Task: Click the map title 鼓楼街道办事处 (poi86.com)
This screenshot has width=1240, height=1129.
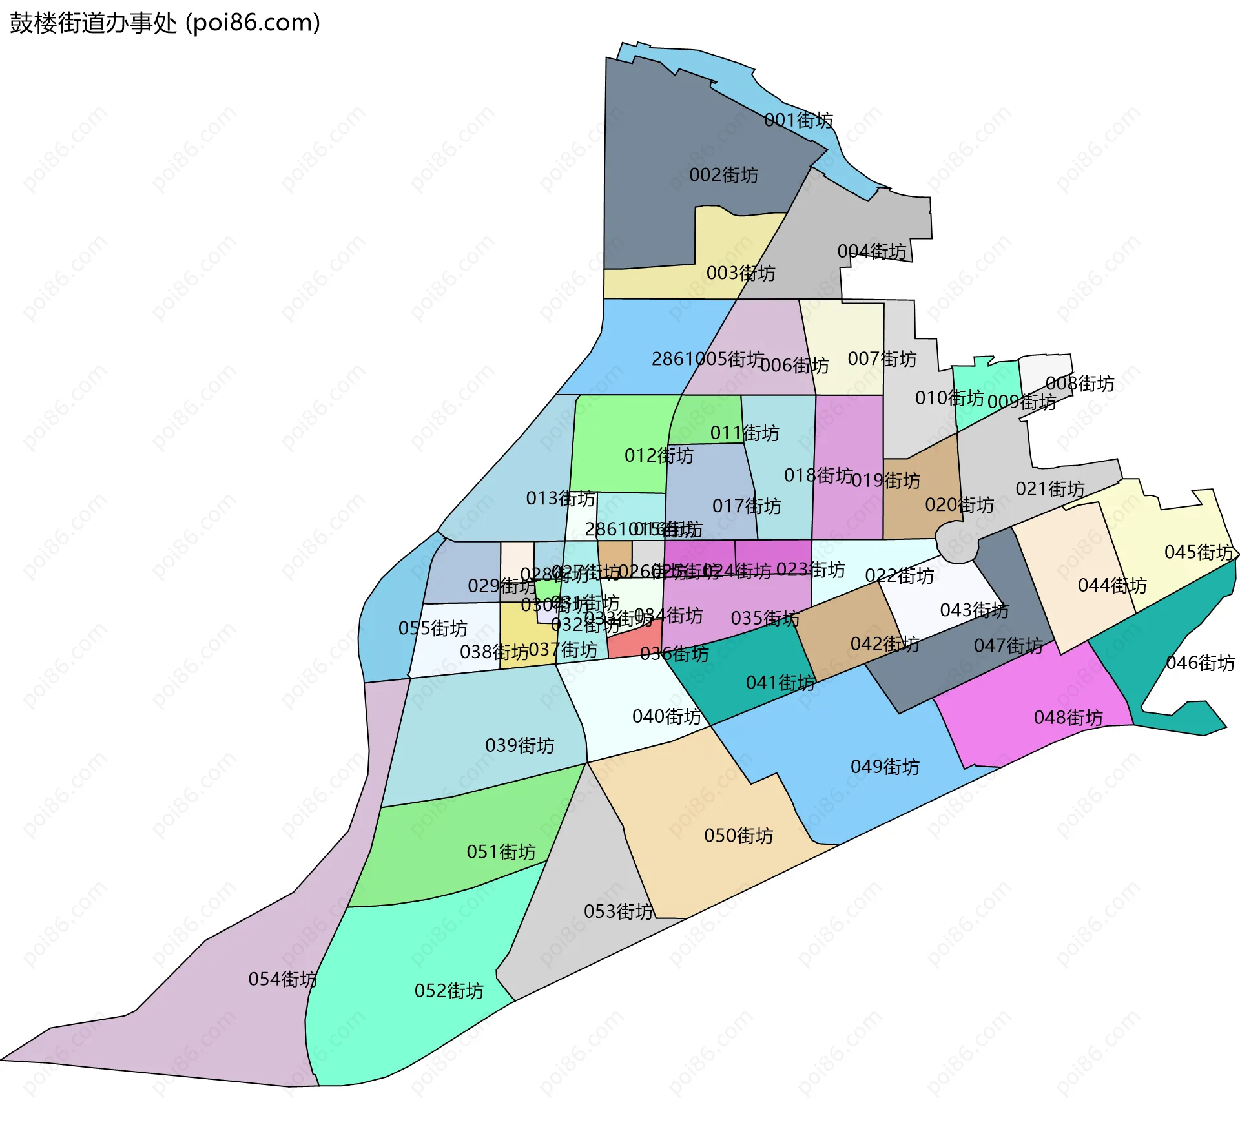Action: [165, 23]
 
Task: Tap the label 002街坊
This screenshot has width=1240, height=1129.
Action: [723, 175]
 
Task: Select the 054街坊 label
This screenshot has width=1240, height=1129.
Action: [282, 979]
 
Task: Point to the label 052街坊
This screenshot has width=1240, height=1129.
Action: [449, 991]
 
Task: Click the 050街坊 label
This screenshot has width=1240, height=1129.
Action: [738, 836]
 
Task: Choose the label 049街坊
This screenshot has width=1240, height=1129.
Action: [885, 767]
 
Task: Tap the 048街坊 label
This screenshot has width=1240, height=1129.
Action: [1068, 718]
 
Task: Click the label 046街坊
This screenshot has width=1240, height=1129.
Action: [1200, 663]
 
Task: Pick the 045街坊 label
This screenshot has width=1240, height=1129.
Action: [1199, 552]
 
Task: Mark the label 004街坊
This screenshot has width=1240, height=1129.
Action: [872, 251]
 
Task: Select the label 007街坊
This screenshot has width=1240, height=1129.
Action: [882, 359]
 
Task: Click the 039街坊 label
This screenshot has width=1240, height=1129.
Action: [519, 745]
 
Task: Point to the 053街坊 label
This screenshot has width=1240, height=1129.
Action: [618, 911]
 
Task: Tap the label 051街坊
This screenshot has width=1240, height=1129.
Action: [501, 852]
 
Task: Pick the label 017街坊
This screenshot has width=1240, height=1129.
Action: [747, 506]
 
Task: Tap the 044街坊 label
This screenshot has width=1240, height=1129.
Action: [1112, 585]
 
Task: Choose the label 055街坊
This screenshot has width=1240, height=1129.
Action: [433, 628]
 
